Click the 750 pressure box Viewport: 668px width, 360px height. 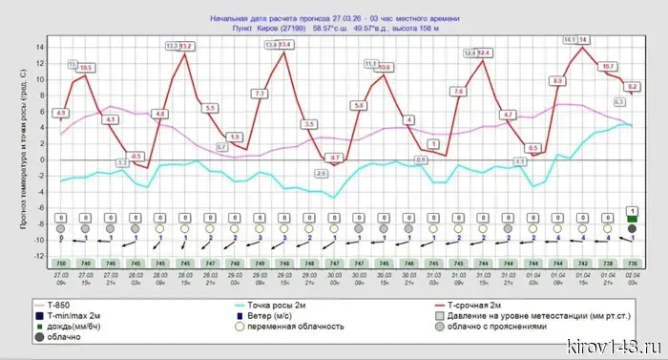click(x=61, y=263)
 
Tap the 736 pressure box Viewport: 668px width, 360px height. click(x=632, y=263)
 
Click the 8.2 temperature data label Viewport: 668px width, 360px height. click(x=633, y=86)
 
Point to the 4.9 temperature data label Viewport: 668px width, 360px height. click(x=61, y=114)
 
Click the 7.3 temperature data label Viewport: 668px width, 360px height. click(x=260, y=93)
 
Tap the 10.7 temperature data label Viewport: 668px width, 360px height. click(x=608, y=66)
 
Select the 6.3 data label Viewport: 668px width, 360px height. click(x=619, y=101)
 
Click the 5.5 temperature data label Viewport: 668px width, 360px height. click(x=210, y=108)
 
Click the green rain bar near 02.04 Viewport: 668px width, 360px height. click(x=632, y=219)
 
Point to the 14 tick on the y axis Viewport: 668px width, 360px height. click(x=40, y=48)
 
